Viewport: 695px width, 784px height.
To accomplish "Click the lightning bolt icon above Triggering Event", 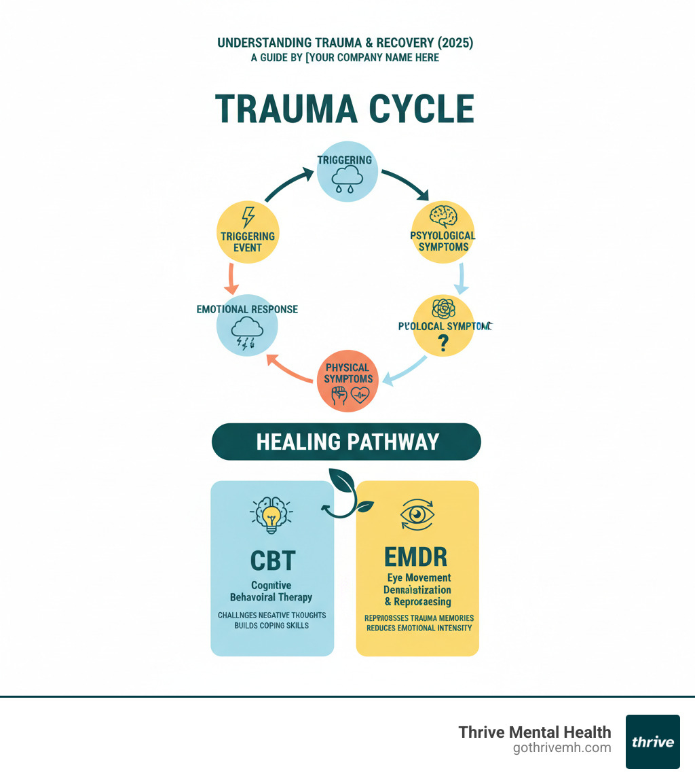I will click(x=248, y=217).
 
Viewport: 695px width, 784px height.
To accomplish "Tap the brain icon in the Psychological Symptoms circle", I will click(x=444, y=217).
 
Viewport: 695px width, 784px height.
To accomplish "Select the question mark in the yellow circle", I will click(x=443, y=344).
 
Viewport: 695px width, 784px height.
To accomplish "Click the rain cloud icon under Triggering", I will click(x=345, y=180).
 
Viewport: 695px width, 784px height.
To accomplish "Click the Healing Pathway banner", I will click(x=346, y=442).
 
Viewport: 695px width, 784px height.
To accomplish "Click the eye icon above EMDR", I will click(x=417, y=514).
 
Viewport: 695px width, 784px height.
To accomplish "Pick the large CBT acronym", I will click(x=271, y=561).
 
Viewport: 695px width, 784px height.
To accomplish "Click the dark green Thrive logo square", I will click(x=652, y=741).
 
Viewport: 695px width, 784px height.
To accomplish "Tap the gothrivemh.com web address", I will click(x=562, y=748).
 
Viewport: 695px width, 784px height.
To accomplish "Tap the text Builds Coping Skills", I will click(x=271, y=625).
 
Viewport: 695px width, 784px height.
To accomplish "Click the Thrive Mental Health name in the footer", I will click(x=535, y=732).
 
